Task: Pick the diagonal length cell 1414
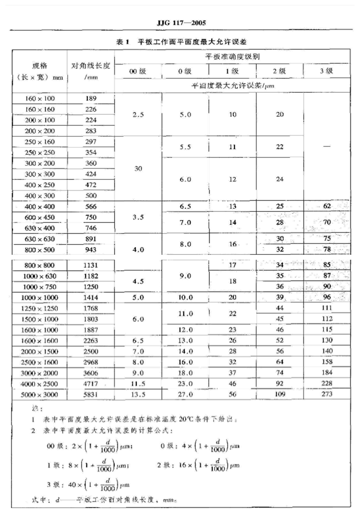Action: coord(91,297)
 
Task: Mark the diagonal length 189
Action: coord(91,99)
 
